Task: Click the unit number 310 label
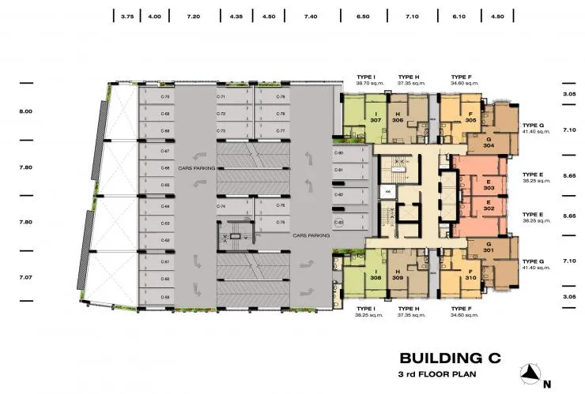[470, 278]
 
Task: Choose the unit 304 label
[489, 145]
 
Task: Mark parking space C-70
[165, 97]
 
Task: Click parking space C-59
[165, 296]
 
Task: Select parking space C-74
[221, 206]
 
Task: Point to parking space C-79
[281, 97]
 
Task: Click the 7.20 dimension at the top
[194, 16]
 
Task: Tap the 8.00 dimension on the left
[26, 111]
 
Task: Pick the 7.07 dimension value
[26, 278]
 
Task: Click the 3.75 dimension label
[127, 16]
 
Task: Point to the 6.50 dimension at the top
[363, 16]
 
